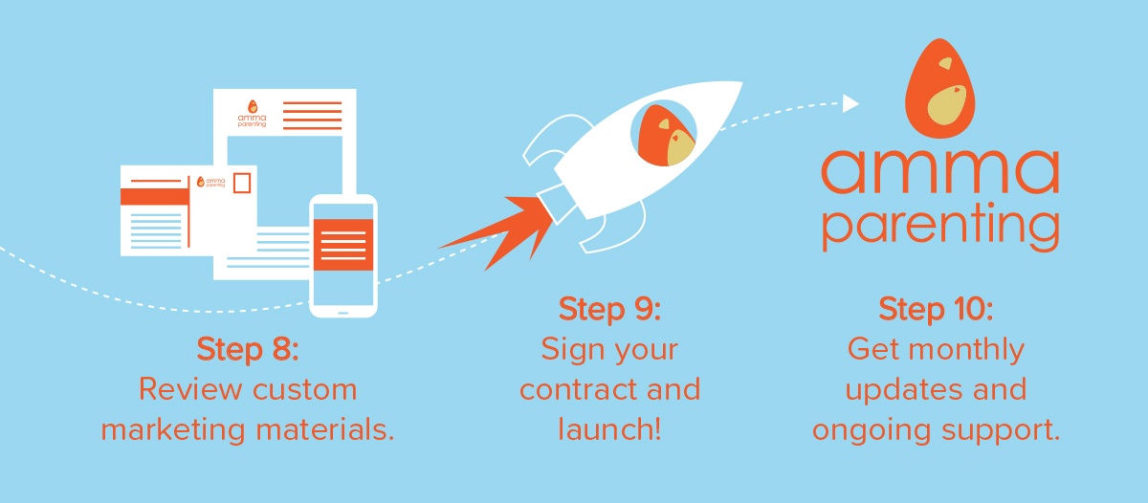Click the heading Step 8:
tap(248, 350)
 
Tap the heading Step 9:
tap(610, 310)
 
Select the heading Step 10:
tap(936, 310)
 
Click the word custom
tap(305, 389)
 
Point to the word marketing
tap(173, 429)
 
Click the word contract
tap(578, 390)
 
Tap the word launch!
tap(610, 428)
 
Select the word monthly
tap(966, 350)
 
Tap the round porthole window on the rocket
tap(663, 133)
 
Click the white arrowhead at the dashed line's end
tap(850, 103)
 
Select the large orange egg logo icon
tap(939, 88)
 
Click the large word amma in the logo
tap(939, 171)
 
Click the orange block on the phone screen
tap(343, 245)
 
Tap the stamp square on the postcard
tap(242, 183)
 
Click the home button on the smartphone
tap(343, 312)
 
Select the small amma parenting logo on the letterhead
tap(253, 114)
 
